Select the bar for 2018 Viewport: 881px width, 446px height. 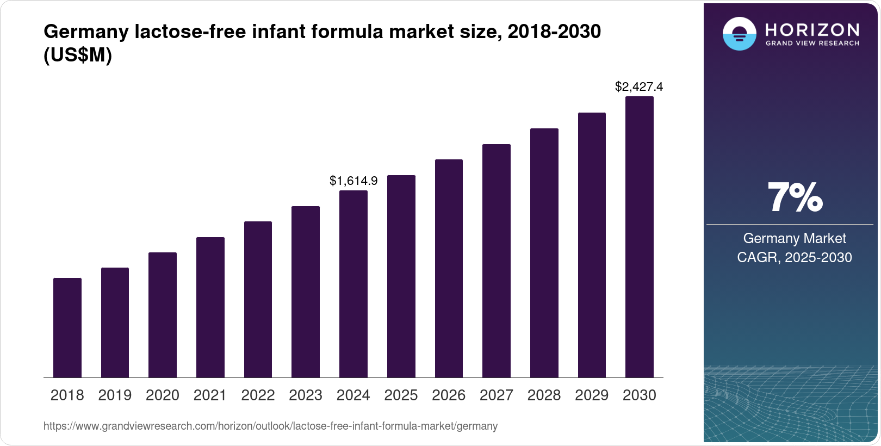[x=67, y=328]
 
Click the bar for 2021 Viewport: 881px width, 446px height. [x=210, y=307]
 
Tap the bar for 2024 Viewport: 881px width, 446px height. [x=353, y=284]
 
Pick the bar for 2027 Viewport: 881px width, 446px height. [x=497, y=261]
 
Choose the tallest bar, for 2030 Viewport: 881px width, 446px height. [x=640, y=237]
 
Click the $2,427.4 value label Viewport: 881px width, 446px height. [x=639, y=87]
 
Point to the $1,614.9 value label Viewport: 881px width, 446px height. [x=353, y=181]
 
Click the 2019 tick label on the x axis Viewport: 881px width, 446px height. [x=115, y=395]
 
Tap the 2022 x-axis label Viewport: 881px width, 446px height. [x=258, y=395]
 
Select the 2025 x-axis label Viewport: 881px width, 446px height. [x=401, y=395]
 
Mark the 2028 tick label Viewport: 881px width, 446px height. [x=544, y=395]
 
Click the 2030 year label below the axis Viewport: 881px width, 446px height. [x=640, y=395]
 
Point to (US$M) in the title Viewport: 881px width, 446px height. [x=78, y=55]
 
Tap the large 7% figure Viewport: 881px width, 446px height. [x=795, y=198]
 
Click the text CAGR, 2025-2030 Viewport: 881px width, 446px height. [x=795, y=257]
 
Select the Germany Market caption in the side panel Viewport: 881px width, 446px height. [x=795, y=238]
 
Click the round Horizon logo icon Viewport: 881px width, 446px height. [x=739, y=34]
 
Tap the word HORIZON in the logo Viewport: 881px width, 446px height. [x=812, y=29]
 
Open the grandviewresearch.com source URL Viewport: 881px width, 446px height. [x=270, y=426]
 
